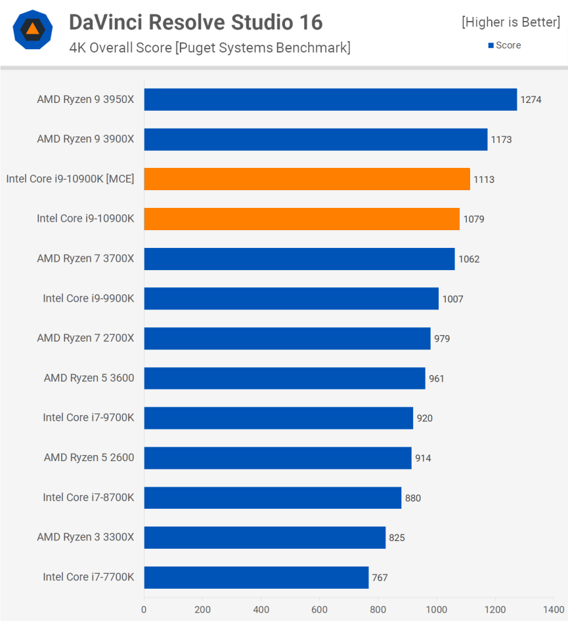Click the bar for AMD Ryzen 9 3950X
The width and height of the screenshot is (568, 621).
pyautogui.click(x=330, y=100)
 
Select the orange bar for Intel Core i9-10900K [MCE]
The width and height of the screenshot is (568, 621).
pyautogui.click(x=307, y=179)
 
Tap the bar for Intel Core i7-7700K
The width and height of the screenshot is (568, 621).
pyautogui.click(x=256, y=577)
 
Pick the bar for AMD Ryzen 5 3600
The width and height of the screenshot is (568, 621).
pyautogui.click(x=284, y=378)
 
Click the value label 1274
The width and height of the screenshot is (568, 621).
pyautogui.click(x=531, y=100)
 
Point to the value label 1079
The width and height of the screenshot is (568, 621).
pyautogui.click(x=473, y=219)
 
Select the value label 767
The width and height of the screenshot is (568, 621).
pyautogui.click(x=380, y=578)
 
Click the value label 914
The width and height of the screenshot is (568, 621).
pyautogui.click(x=423, y=458)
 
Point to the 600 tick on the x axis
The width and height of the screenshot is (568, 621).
pyautogui.click(x=319, y=609)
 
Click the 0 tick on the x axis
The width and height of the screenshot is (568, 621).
pyautogui.click(x=144, y=609)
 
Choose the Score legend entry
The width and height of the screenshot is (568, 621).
pyautogui.click(x=504, y=45)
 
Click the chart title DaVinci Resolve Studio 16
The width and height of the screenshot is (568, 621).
pyautogui.click(x=196, y=22)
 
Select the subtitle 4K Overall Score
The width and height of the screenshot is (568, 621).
pyautogui.click(x=209, y=48)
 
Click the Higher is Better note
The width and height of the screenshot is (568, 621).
pyautogui.click(x=511, y=22)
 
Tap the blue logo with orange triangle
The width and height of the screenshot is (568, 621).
pyautogui.click(x=32, y=30)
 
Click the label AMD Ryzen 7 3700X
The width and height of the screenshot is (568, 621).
pyautogui.click(x=85, y=259)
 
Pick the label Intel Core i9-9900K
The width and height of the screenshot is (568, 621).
pyautogui.click(x=89, y=298)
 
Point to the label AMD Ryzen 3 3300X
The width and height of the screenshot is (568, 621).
pyautogui.click(x=85, y=537)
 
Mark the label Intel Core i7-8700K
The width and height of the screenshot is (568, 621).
pyautogui.click(x=89, y=498)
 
